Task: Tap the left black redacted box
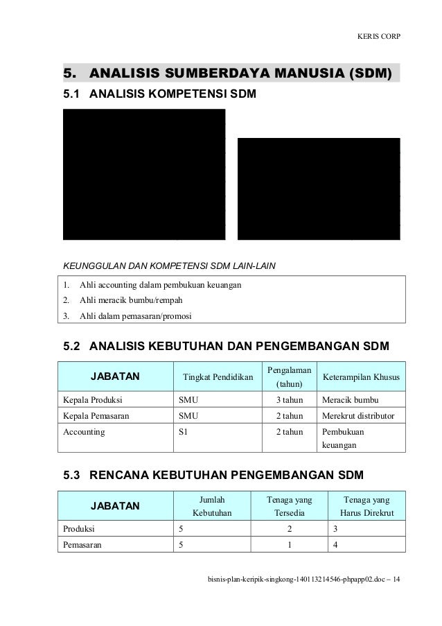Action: point(144,174)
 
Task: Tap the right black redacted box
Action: point(319,189)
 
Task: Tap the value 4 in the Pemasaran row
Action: point(335,546)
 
